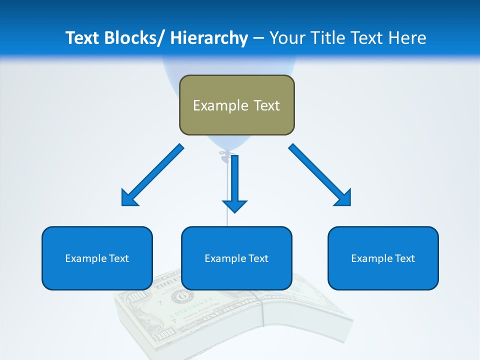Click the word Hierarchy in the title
point(209,38)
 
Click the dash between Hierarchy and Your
point(258,38)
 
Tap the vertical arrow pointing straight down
point(234,183)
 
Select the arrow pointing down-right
point(320,175)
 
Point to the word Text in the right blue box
point(405,258)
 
